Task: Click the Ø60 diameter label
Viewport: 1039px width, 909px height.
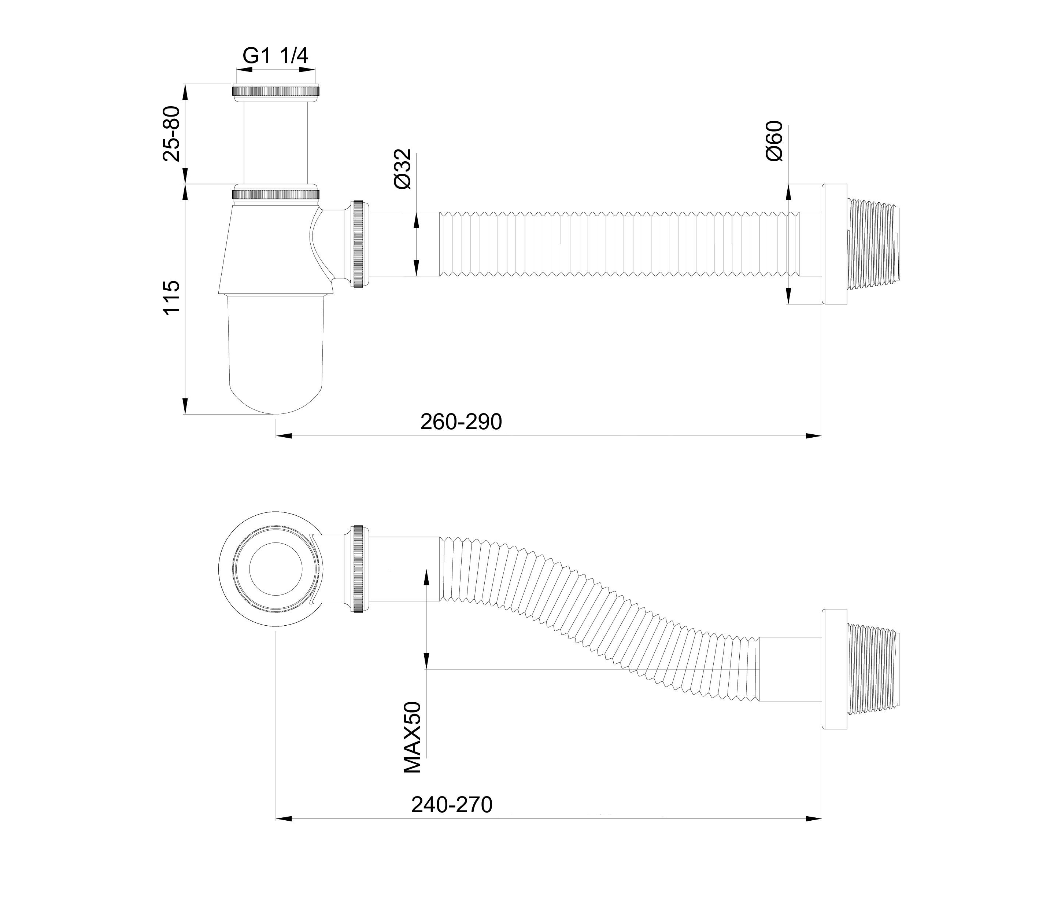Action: tap(774, 141)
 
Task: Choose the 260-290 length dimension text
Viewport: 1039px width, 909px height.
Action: tap(461, 422)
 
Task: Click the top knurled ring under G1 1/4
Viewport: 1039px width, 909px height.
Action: tap(276, 91)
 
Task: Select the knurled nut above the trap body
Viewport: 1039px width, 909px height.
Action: tap(276, 194)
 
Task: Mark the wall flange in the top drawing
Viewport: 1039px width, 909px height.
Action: tap(834, 244)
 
